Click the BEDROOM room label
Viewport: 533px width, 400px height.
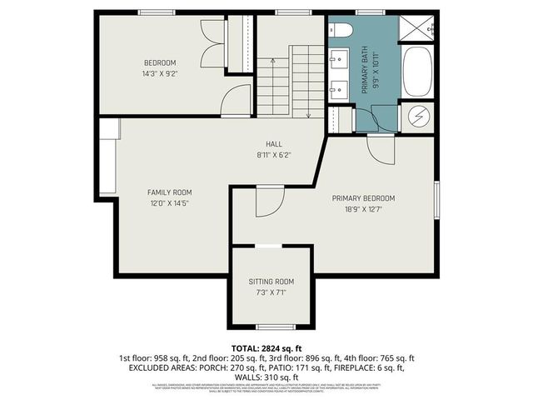160,63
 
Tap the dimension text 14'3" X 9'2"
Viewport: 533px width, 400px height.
160,73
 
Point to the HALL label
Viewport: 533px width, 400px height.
274,143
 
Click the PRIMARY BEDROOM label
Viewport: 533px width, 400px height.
363,198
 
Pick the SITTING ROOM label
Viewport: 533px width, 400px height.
271,282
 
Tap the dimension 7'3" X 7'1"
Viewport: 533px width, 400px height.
271,292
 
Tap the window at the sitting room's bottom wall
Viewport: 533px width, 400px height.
271,326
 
